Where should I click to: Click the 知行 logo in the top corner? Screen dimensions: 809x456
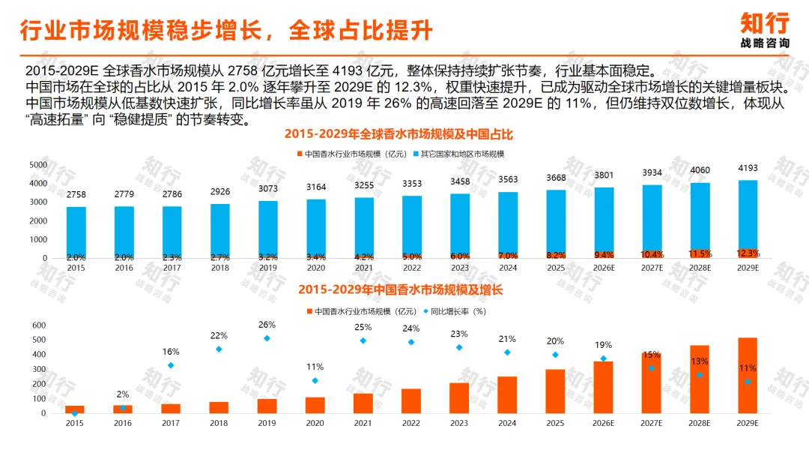pyautogui.click(x=765, y=31)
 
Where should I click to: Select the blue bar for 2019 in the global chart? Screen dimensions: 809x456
pyautogui.click(x=267, y=228)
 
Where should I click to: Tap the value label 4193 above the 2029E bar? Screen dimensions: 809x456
pyautogui.click(x=748, y=168)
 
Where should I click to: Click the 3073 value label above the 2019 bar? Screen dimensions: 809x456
pyautogui.click(x=267, y=189)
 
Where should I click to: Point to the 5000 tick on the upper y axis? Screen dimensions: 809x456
pyautogui.click(x=38, y=165)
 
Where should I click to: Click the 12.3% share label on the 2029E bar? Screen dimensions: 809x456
pyautogui.click(x=748, y=253)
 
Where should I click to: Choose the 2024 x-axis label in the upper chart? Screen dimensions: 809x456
pyautogui.click(x=508, y=268)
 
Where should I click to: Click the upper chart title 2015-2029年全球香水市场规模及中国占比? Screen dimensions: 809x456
pyautogui.click(x=399, y=134)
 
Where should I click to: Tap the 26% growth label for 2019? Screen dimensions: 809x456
pyautogui.click(x=267, y=325)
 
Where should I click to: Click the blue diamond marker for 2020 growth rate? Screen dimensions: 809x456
pyautogui.click(x=315, y=380)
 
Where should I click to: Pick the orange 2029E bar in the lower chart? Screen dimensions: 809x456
pyautogui.click(x=748, y=376)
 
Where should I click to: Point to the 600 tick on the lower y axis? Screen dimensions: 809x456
pyautogui.click(x=39, y=325)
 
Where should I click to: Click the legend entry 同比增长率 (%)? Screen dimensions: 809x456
pyautogui.click(x=455, y=311)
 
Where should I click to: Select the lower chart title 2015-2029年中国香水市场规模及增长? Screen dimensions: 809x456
pyautogui.click(x=400, y=289)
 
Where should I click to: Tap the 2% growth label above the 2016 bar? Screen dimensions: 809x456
pyautogui.click(x=123, y=394)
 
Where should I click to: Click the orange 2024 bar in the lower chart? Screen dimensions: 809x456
pyautogui.click(x=507, y=395)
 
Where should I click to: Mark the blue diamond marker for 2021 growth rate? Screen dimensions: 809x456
pyautogui.click(x=363, y=340)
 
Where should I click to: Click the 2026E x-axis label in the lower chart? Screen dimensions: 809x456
pyautogui.click(x=603, y=423)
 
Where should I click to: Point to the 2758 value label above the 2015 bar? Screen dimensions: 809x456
pyautogui.click(x=76, y=195)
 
